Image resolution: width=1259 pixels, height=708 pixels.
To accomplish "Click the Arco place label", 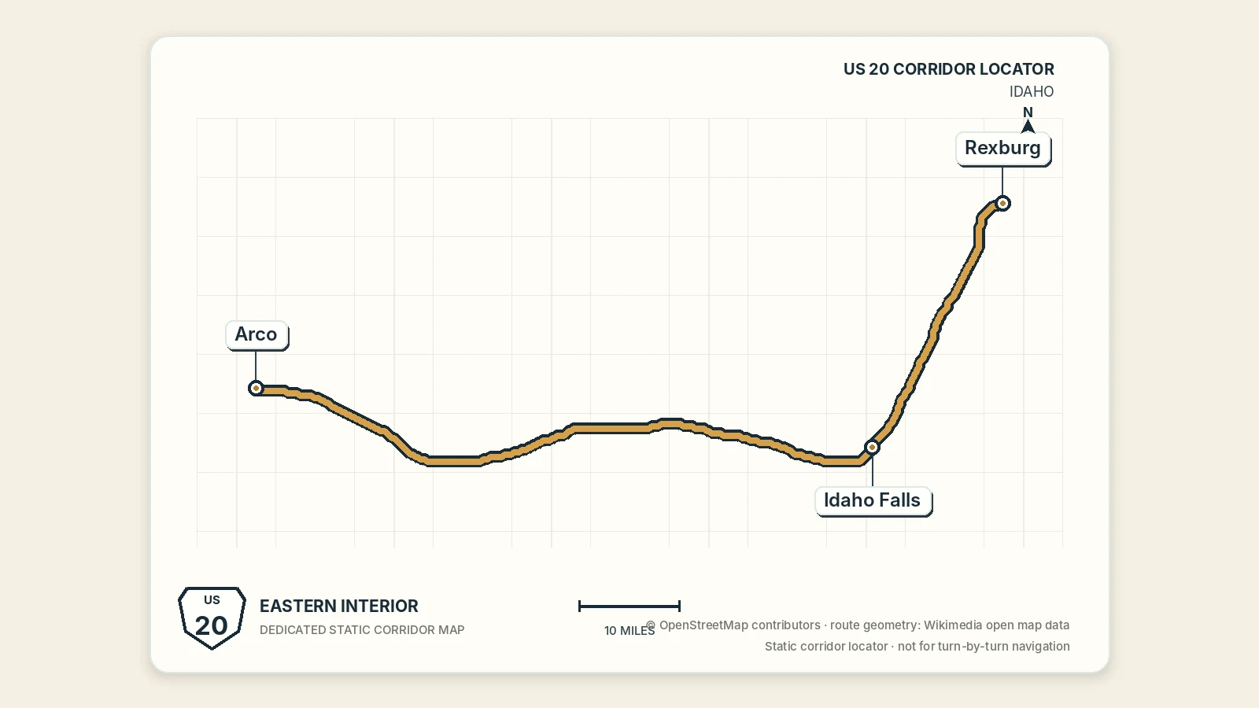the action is click(257, 335).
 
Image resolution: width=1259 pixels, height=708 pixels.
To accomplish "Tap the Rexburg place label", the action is click(1003, 149).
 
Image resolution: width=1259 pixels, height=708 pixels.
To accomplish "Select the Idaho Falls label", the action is click(873, 500).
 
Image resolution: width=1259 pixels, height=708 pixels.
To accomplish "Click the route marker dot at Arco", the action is click(256, 388).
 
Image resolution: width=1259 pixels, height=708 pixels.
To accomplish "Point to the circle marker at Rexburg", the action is click(1002, 203).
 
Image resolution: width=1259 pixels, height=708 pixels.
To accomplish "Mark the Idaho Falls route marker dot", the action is click(872, 448).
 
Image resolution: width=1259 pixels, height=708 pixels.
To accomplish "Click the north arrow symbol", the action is click(1028, 127).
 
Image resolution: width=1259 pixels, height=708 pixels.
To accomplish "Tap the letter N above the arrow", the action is click(1028, 112).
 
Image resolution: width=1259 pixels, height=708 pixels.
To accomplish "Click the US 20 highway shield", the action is click(212, 618).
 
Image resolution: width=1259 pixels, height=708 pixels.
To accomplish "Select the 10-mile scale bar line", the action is click(629, 606).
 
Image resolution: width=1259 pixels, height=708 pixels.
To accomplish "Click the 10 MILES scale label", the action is click(629, 630).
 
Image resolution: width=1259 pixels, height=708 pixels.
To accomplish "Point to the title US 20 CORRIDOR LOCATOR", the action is click(949, 69).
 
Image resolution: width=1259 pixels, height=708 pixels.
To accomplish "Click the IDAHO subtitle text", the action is click(1032, 91).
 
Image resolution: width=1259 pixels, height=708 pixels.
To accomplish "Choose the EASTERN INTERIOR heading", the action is click(339, 607).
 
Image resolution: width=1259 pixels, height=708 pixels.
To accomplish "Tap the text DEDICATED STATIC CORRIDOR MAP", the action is click(362, 630).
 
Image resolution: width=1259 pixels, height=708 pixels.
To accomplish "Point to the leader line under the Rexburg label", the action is click(1002, 181).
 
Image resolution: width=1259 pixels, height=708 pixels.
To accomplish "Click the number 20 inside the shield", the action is click(212, 626).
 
